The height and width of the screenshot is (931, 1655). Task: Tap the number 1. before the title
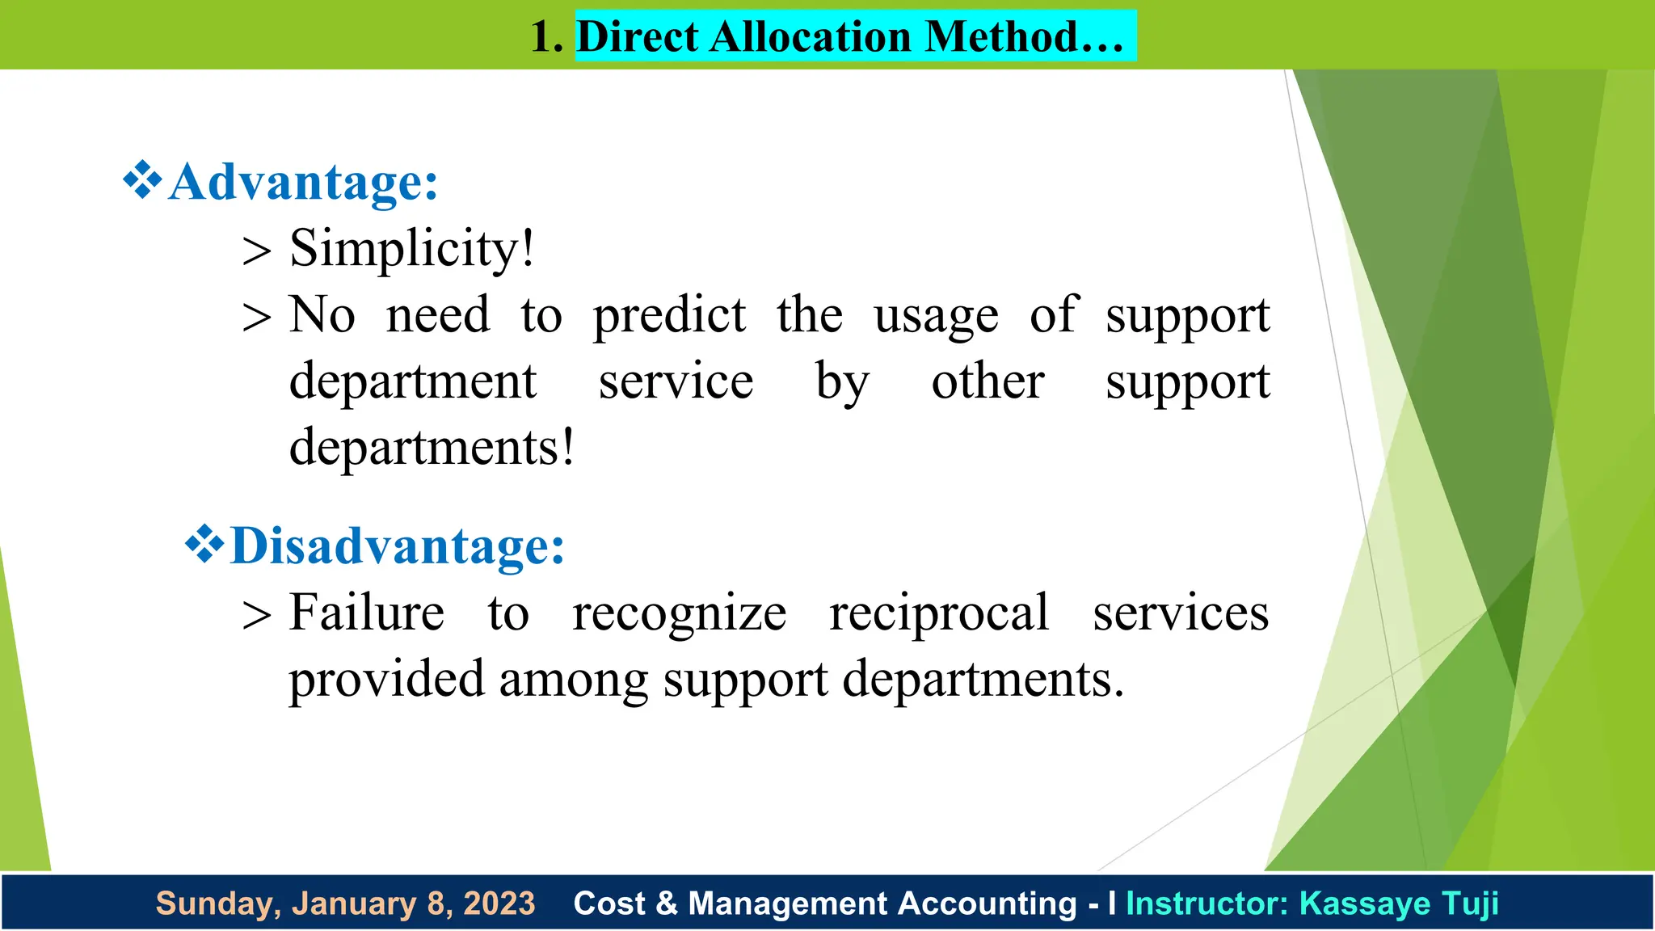point(546,37)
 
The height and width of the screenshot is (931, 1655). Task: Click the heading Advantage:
point(303,182)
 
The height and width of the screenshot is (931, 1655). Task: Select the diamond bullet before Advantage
point(142,180)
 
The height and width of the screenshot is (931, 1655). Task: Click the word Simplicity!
point(412,248)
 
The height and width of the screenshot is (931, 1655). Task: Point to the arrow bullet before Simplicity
point(256,251)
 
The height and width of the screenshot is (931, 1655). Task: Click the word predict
point(669,315)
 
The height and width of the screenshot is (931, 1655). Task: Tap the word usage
point(936,315)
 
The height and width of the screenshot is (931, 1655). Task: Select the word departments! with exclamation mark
point(432,447)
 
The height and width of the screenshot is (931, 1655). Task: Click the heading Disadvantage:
point(397,546)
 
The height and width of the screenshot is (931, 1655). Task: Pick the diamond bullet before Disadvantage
point(204,545)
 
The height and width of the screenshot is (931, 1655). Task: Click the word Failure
point(367,613)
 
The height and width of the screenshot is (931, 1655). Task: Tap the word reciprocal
point(939,613)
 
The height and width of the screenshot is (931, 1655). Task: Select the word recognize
point(679,614)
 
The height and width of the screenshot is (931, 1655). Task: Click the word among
point(573,679)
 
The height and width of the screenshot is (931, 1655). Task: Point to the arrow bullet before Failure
point(256,616)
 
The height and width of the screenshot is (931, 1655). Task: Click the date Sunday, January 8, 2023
point(345,904)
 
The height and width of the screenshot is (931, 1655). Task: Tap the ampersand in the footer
point(667,904)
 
